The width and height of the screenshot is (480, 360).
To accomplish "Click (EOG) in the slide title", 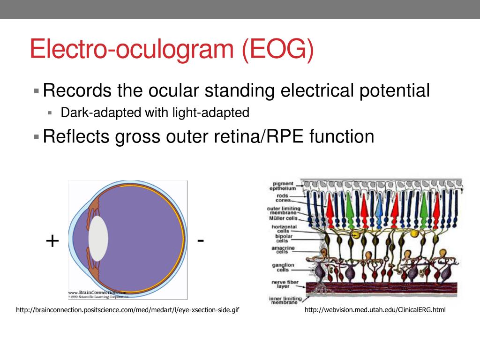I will point(278,50).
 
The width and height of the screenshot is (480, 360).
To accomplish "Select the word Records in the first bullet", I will point(77,90).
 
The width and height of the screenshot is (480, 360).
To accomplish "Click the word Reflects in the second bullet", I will point(76,136).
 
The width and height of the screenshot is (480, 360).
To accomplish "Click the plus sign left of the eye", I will point(52,241).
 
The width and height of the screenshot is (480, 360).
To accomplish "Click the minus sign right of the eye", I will point(201,240).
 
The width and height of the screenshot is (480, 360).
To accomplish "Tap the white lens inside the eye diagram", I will point(98,238).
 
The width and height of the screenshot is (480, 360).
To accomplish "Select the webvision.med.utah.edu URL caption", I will point(375,310).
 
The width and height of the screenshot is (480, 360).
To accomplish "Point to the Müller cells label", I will point(283,218).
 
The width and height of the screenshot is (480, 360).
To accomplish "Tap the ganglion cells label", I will point(283,268).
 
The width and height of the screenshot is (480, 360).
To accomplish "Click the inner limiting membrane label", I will point(283,300).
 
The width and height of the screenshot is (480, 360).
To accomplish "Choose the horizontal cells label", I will point(284,229).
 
